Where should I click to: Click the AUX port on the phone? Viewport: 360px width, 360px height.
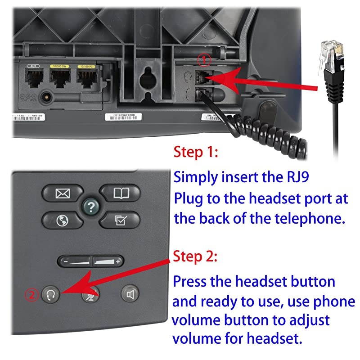tap(32, 80)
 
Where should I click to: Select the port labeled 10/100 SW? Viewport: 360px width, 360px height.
tap(59, 80)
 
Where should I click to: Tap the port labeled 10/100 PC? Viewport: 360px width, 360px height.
tap(87, 80)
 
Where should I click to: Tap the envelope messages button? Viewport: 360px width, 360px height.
tap(61, 193)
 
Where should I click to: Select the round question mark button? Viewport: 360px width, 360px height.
tap(91, 207)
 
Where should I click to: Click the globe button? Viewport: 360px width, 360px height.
tap(61, 220)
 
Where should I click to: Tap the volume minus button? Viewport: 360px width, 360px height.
tap(75, 261)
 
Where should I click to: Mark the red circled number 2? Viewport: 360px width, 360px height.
tap(31, 295)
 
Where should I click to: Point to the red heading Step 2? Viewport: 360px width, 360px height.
tap(196, 257)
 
